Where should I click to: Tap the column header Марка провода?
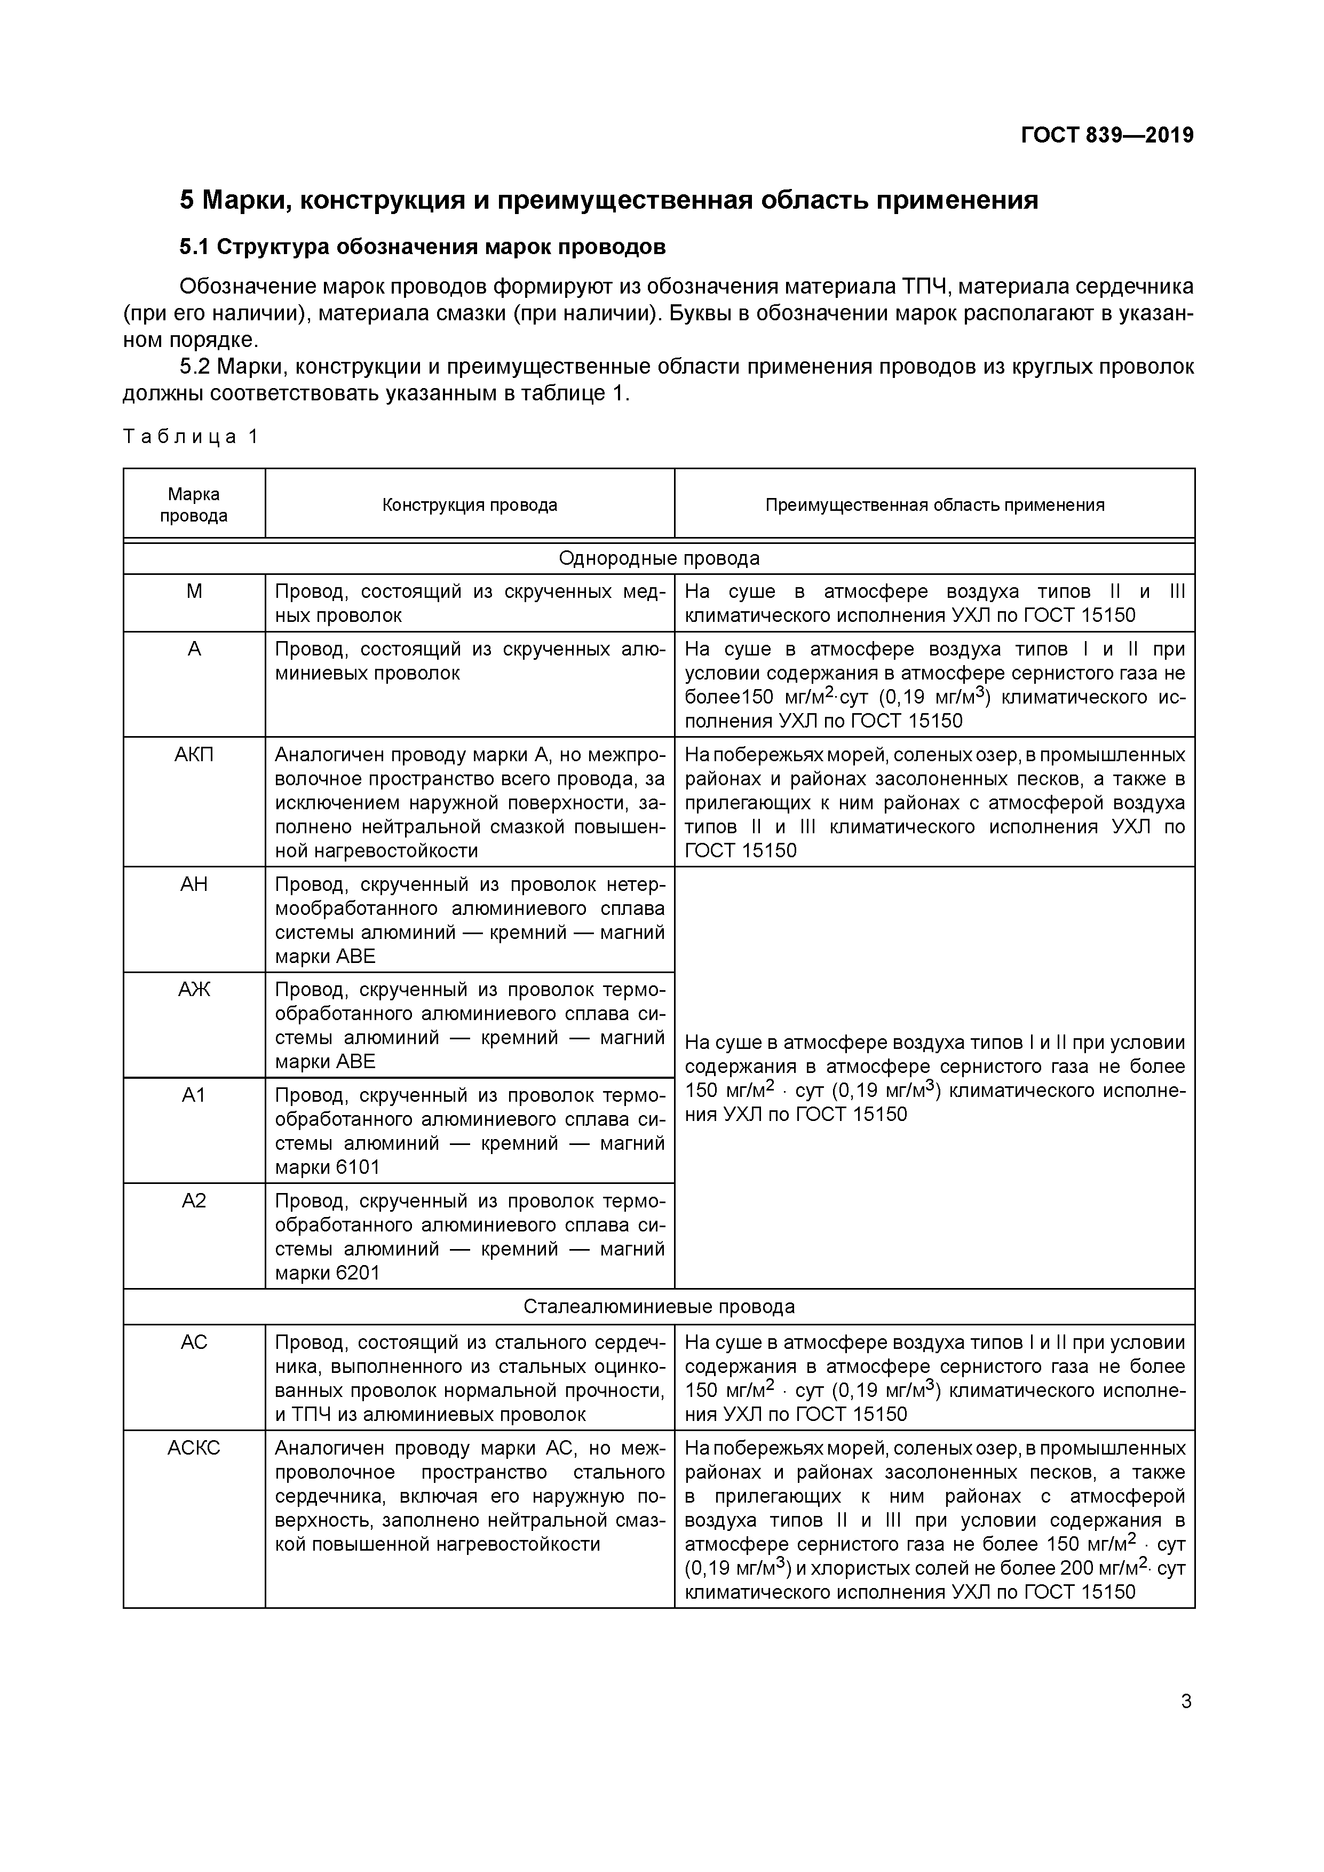(194, 504)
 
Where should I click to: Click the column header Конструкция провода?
(470, 504)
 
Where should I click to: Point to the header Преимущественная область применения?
(934, 504)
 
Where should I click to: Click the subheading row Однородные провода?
(659, 558)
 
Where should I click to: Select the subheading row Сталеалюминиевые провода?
(659, 1306)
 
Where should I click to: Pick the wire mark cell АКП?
(194, 755)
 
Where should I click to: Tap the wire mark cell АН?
(194, 884)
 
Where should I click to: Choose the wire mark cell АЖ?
(194, 990)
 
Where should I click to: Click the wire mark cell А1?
(194, 1095)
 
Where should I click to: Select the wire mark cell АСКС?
(194, 1448)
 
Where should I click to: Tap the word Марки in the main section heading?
(244, 200)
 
